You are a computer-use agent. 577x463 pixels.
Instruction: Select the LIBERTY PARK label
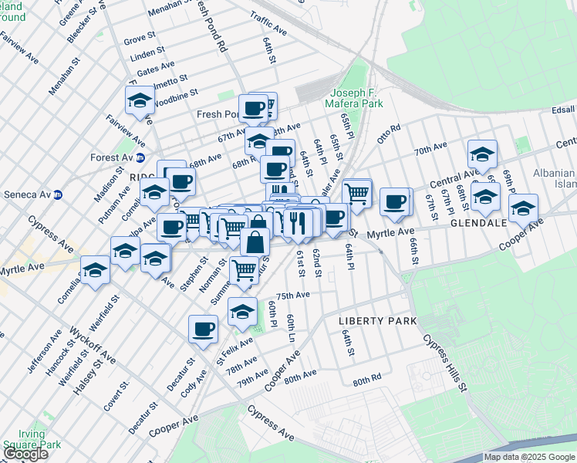(378, 320)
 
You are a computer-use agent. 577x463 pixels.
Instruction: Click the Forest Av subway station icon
(140, 158)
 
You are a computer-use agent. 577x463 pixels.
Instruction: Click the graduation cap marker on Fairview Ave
(140, 100)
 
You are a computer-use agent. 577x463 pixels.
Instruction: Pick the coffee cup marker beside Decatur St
(203, 329)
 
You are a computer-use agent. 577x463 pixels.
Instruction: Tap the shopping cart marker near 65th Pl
(356, 192)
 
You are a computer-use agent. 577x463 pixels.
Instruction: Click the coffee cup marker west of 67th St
(395, 201)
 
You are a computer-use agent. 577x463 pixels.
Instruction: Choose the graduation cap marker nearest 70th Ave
(482, 154)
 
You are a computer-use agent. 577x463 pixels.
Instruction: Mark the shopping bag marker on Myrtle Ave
(255, 242)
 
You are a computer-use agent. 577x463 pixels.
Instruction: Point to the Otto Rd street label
(389, 130)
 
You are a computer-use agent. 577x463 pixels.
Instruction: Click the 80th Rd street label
(367, 381)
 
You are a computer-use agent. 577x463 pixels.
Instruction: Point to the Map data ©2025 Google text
(529, 457)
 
